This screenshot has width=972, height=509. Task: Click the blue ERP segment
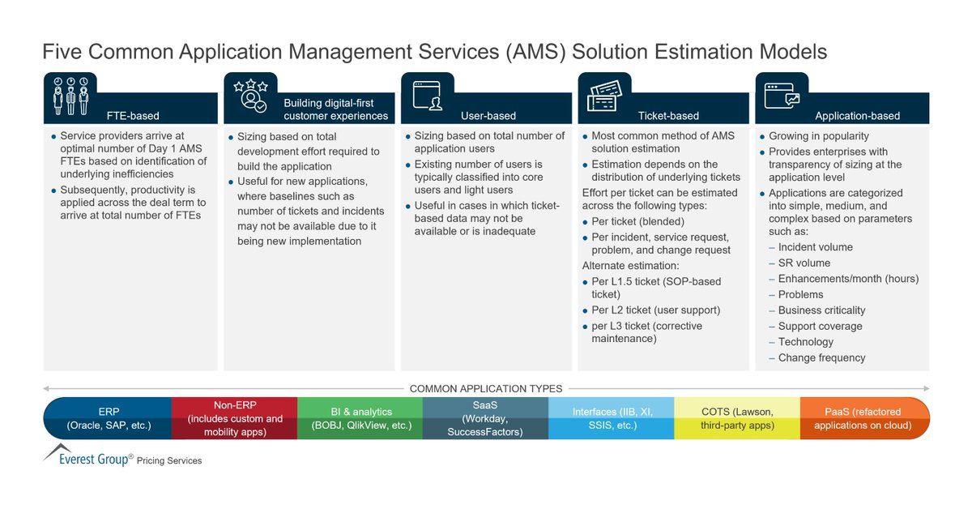(107, 418)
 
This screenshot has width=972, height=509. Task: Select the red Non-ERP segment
(235, 418)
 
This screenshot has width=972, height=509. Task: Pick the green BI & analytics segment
(360, 418)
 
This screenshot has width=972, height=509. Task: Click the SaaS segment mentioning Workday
(485, 418)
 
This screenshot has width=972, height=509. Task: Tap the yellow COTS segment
(737, 418)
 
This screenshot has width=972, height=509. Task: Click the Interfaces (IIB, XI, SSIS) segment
(612, 418)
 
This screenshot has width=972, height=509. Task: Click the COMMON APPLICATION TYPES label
(486, 388)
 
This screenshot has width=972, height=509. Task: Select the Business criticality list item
(821, 310)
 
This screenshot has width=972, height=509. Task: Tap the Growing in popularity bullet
(818, 136)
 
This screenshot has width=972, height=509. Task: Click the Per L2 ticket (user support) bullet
(655, 310)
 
